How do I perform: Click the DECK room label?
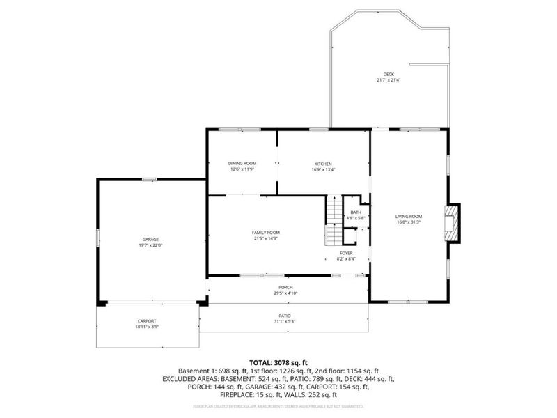click(389, 75)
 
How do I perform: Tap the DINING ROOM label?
click(242, 163)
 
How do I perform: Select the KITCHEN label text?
click(322, 163)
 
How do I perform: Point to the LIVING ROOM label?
click(409, 217)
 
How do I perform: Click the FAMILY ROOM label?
click(265, 233)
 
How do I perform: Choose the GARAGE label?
click(150, 240)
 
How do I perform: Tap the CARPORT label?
click(147, 321)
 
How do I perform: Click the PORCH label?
click(285, 288)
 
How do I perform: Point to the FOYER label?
click(346, 253)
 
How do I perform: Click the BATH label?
click(356, 212)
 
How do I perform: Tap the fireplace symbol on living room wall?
click(453, 222)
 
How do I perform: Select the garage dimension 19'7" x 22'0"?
click(150, 245)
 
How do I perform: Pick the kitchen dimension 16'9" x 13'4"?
click(322, 169)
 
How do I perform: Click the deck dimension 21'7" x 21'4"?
click(389, 80)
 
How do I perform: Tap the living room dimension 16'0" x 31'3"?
click(409, 222)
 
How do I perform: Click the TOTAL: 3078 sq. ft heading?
click(278, 363)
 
